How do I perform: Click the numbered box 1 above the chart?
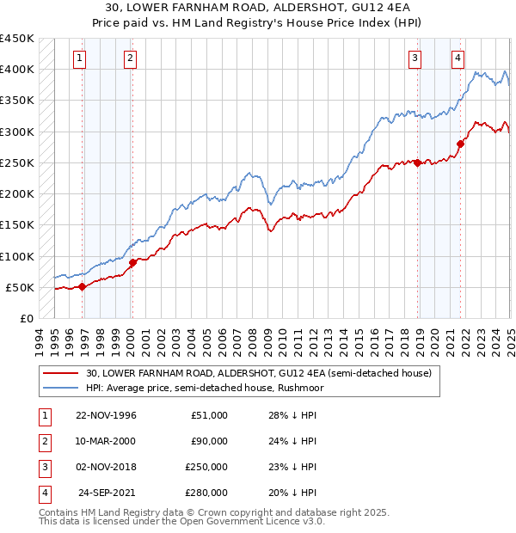pos(79,58)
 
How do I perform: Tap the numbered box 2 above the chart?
pos(129,58)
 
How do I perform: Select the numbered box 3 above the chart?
pos(415,58)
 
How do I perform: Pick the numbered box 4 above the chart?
pos(458,58)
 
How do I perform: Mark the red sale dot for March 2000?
pos(132,262)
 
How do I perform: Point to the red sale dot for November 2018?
pos(418,162)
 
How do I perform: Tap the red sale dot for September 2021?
pos(461,144)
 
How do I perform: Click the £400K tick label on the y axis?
pos(17,70)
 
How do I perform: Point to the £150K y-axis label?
pos(17,225)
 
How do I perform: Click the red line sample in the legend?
pos(62,373)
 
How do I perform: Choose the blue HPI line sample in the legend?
pos(62,388)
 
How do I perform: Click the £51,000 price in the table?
pos(209,415)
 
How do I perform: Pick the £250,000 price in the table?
pos(206,467)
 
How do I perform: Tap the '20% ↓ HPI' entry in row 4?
pos(292,493)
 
